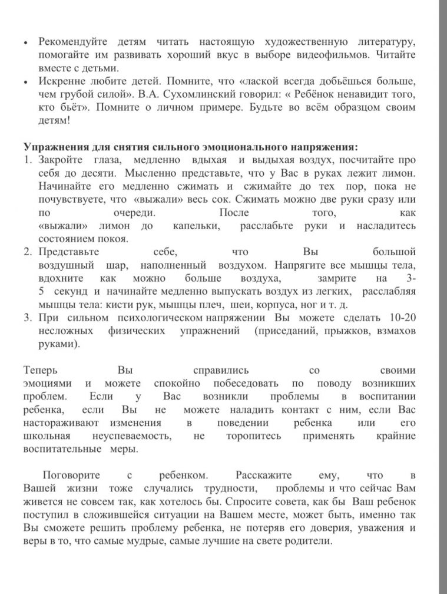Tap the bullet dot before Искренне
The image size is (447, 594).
(26, 82)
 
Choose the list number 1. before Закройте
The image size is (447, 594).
(28, 160)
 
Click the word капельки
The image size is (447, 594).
(197, 226)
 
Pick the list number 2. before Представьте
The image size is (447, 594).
(28, 252)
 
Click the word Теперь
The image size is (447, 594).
(41, 371)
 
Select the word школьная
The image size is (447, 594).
(48, 435)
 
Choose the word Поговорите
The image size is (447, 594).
(71, 475)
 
